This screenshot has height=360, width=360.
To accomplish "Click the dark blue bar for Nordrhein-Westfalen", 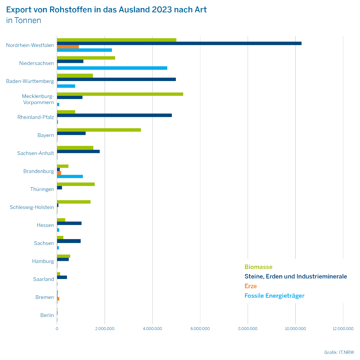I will tap(179, 43).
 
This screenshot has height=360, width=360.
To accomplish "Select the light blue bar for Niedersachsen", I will tap(112, 68).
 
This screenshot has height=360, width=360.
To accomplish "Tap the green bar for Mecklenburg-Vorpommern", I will tap(120, 94).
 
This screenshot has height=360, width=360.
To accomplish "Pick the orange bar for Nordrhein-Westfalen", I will tap(68, 47).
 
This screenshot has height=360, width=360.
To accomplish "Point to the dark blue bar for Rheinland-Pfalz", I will tap(114, 115).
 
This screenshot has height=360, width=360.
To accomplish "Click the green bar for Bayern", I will tap(99, 130).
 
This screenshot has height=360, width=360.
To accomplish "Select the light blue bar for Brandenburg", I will tap(70, 176).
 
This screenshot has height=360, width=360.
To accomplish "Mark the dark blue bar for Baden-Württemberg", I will tap(116, 79).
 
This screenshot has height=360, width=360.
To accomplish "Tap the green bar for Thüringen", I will tap(76, 184).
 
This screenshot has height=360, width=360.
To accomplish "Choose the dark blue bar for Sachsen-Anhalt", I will tap(78, 151).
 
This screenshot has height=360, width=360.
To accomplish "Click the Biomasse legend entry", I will tap(258, 267).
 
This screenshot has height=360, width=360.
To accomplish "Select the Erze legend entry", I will tap(250, 286).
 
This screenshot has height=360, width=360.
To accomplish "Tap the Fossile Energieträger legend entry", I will tap(274, 296).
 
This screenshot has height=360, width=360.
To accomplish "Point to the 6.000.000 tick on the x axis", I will tap(200, 329).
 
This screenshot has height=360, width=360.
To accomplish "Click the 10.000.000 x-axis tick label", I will tap(295, 329).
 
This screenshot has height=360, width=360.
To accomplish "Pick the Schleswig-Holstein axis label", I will tap(32, 207).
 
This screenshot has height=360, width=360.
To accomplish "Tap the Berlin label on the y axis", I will tap(47, 315).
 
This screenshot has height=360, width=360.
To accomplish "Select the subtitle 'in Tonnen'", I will tap(24, 20).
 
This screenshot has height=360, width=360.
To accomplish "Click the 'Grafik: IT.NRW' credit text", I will tap(339, 352).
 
